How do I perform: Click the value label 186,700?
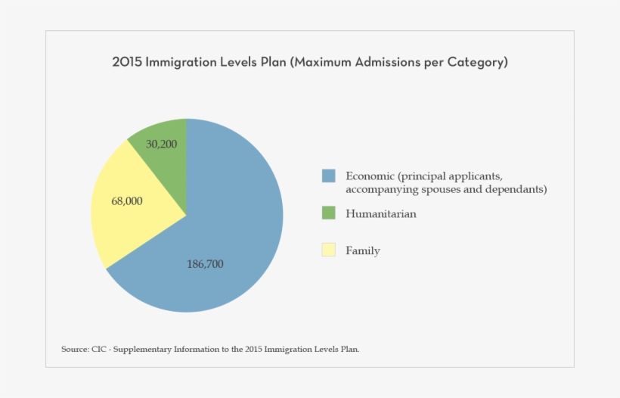(x=205, y=264)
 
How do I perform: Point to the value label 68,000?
(x=127, y=201)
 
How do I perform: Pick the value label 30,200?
(x=162, y=144)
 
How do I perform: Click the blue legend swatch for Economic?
(x=328, y=176)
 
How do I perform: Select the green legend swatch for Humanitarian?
(x=328, y=213)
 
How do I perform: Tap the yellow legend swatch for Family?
(x=328, y=250)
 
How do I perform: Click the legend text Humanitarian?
(x=381, y=214)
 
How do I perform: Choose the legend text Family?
(x=363, y=250)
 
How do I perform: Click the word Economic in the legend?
(x=370, y=176)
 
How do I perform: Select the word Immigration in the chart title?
(x=180, y=63)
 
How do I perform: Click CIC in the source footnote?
(x=98, y=350)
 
